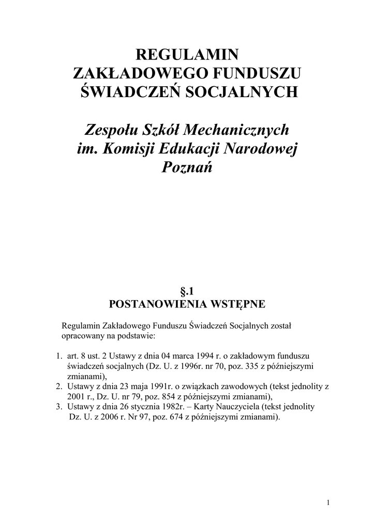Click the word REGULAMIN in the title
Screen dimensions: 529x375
(x=187, y=54)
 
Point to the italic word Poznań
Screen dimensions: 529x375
(x=187, y=167)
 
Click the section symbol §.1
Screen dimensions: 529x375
(x=187, y=292)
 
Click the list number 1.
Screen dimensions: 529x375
(x=58, y=356)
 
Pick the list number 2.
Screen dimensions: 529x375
(x=58, y=386)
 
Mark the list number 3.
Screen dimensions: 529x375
(x=58, y=406)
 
